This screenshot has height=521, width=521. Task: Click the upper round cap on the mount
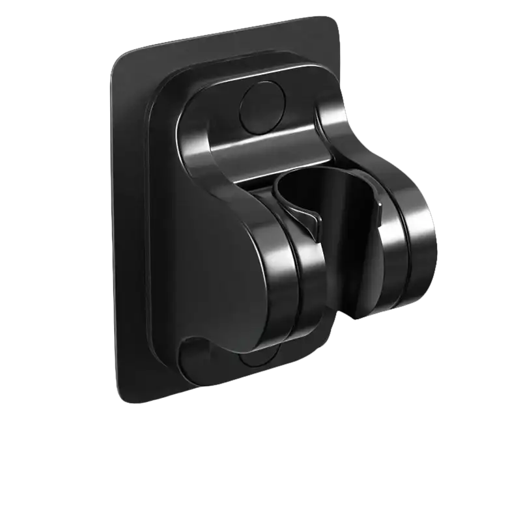(262, 107)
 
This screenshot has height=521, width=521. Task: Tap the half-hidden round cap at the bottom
(259, 360)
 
